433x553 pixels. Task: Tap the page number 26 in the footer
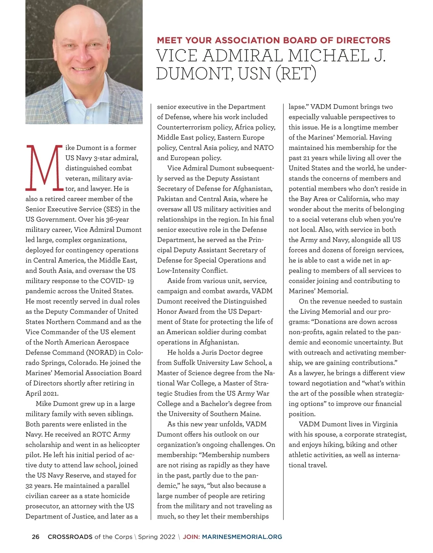tap(36, 537)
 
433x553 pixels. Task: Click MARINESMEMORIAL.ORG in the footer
tap(242, 537)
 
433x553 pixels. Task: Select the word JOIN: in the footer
tap(191, 537)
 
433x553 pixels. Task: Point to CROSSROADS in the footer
tap(70, 537)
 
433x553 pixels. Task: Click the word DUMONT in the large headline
tap(192, 73)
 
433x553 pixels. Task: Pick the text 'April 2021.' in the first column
tap(42, 393)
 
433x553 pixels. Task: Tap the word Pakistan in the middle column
tap(171, 199)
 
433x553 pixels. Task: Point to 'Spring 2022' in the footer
tap(157, 537)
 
